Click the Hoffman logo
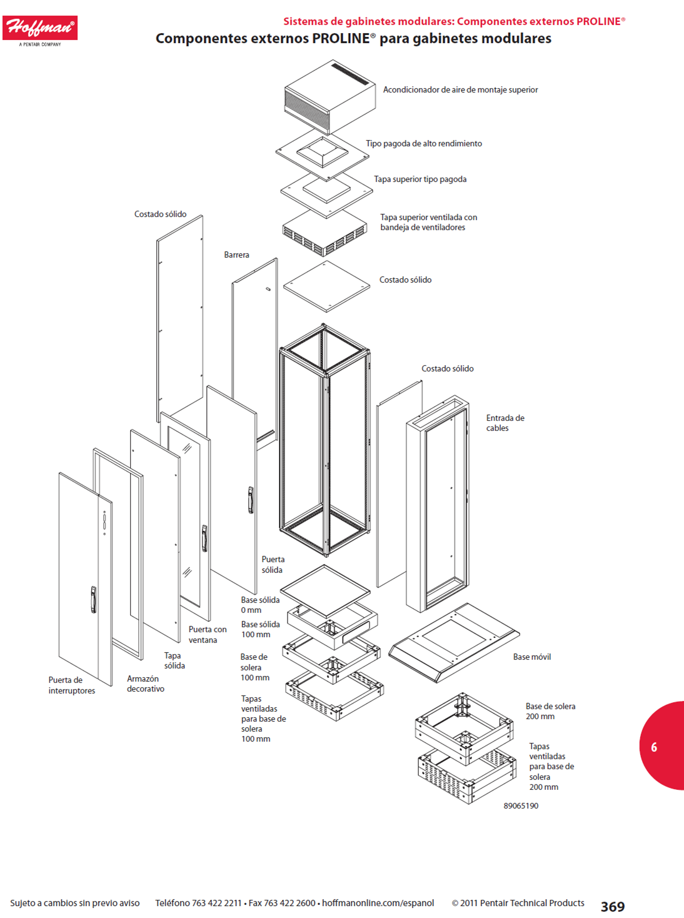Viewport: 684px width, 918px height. pos(40,31)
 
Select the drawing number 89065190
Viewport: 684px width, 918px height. pos(521,805)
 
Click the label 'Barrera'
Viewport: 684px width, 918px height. pos(236,255)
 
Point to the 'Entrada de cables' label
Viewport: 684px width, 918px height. pos(505,423)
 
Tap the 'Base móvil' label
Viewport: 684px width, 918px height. pos(532,657)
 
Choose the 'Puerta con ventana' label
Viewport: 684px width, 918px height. pos(208,635)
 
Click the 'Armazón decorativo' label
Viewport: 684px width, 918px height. pos(146,683)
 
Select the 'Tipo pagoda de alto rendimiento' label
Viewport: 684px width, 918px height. pos(424,143)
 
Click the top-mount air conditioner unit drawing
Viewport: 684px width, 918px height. pos(329,97)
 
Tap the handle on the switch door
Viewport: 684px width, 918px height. pos(93,600)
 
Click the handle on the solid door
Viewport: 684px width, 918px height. pos(251,500)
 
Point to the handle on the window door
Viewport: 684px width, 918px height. pos(204,538)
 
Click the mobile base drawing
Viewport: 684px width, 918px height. pos(454,643)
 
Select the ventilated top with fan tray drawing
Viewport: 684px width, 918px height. pos(325,233)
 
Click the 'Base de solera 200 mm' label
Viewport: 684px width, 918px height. pos(550,711)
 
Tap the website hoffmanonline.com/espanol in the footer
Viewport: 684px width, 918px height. pos(378,903)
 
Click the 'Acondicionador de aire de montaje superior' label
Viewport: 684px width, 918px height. pos(460,90)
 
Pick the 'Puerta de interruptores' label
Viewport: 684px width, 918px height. pos(71,685)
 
